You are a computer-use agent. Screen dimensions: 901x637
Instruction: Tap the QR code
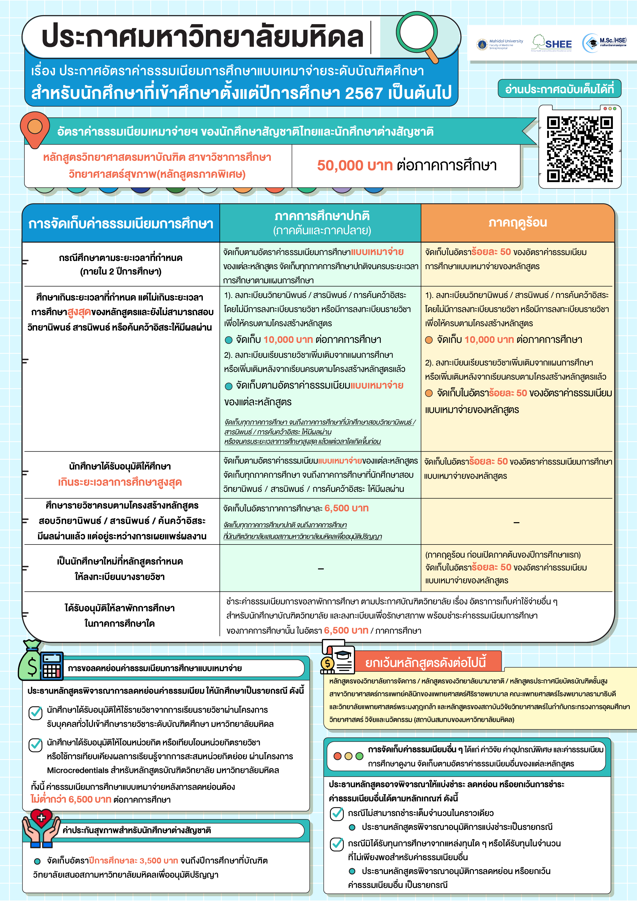coord(580,149)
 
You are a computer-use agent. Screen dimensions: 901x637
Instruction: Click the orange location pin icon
coord(35,128)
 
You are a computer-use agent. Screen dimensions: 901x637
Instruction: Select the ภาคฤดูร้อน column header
coord(517,222)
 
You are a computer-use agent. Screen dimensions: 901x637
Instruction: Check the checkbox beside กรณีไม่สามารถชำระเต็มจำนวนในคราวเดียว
coord(337,813)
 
